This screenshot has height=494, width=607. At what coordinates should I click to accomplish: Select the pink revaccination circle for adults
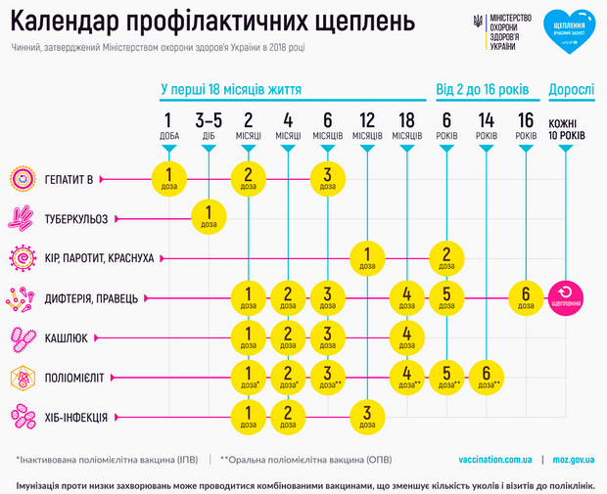567,295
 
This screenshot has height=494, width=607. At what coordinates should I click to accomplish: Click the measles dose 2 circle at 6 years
446,256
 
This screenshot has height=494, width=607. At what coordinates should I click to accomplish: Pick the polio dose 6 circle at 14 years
487,376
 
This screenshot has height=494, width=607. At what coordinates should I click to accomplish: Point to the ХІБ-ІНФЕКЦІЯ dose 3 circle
366,415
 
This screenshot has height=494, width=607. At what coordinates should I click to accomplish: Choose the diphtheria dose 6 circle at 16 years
526,295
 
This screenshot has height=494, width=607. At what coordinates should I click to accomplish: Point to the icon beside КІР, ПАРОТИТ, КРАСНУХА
23,257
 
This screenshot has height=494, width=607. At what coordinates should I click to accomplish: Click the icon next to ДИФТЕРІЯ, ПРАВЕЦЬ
23,296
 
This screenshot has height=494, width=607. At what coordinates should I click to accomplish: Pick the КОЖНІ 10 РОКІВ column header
567,128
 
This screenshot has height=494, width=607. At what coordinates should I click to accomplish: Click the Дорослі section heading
570,89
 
